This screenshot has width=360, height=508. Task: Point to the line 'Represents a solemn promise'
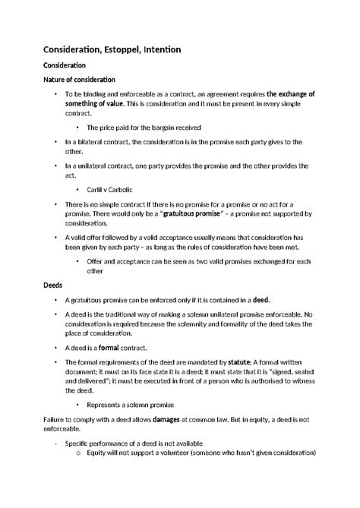(130, 404)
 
